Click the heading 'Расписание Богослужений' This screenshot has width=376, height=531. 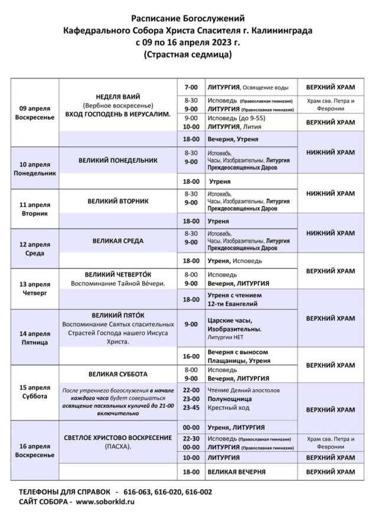pos(188,19)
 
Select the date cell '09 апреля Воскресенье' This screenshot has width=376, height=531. pos(35,113)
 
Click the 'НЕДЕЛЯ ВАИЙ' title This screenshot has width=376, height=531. pos(117,96)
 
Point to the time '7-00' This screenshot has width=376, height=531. pos(191,87)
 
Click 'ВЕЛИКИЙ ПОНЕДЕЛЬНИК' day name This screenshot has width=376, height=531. pos(117,160)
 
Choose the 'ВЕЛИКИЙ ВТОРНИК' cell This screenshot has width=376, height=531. pos(117,201)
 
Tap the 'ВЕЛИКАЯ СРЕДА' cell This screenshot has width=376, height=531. pos(117,241)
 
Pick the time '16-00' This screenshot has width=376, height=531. pos(191,356)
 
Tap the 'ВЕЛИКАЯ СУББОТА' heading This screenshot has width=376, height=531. pos(117,374)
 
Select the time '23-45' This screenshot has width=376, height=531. pos(191,408)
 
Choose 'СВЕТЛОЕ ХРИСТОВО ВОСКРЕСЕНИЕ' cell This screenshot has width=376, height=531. pos(117,438)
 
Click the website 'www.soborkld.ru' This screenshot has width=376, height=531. pos(105,501)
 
